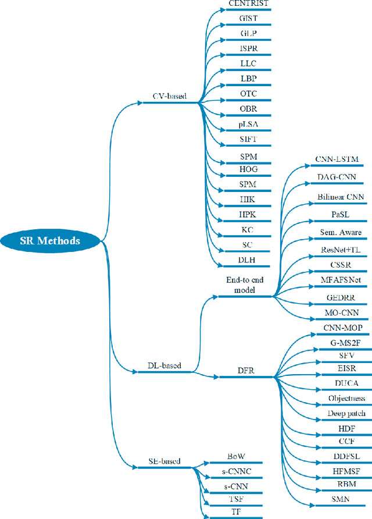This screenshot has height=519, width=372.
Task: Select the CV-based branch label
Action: click(x=169, y=96)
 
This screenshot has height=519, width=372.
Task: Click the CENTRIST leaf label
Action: click(x=248, y=4)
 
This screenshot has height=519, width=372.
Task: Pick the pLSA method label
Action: click(x=248, y=125)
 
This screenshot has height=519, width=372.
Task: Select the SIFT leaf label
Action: click(x=248, y=140)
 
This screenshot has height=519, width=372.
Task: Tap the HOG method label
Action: click(x=248, y=170)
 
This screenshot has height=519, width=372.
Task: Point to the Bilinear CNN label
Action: click(x=341, y=197)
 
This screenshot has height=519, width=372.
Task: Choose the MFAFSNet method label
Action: click(x=341, y=280)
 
